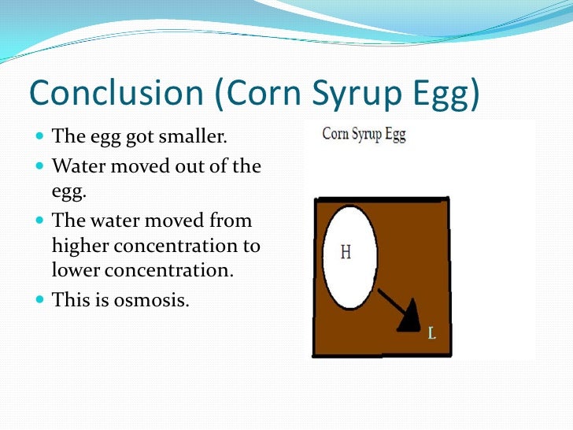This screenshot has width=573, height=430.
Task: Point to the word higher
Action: click(83, 246)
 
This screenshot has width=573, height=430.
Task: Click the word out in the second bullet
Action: click(190, 166)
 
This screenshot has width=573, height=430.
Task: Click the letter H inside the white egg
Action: click(346, 253)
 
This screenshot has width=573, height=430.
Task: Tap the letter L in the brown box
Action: click(431, 334)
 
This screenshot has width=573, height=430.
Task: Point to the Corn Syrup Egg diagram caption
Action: click(364, 134)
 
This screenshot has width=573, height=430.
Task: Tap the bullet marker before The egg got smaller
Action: click(40, 137)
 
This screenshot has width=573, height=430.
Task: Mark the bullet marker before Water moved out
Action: click(40, 166)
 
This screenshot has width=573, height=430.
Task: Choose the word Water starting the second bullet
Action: click(75, 166)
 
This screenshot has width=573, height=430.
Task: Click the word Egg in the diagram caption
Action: click(395, 135)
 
